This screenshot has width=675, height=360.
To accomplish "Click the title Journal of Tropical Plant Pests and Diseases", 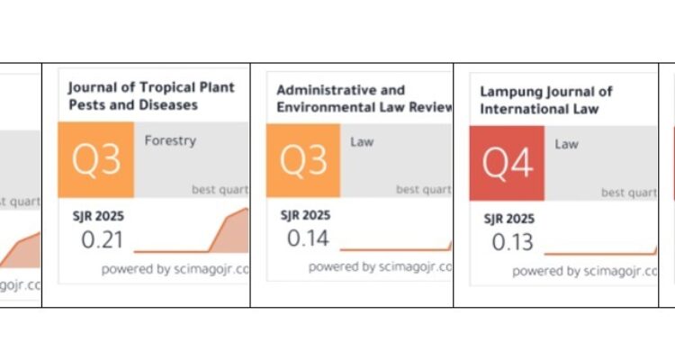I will click(150, 96).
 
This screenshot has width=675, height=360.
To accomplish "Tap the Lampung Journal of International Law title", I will click(545, 101).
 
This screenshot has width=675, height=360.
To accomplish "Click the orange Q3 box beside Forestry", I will click(96, 160).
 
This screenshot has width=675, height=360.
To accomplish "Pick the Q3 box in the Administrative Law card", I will click(303, 160).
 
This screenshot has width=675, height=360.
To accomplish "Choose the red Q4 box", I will click(508, 162).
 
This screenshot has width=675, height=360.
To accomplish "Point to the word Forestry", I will click(170, 140).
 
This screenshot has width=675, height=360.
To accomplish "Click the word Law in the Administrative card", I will click(362, 141).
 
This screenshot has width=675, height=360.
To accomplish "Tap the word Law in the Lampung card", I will click(566, 143).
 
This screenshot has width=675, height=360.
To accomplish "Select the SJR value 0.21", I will click(103, 240).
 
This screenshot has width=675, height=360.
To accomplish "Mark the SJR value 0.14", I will click(308, 238).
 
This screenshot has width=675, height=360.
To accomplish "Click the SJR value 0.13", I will click(512, 241).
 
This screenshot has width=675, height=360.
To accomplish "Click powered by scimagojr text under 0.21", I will click(175, 268).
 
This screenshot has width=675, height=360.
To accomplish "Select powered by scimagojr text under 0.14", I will click(379, 266).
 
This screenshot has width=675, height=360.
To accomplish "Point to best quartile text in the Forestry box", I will click(220, 189).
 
